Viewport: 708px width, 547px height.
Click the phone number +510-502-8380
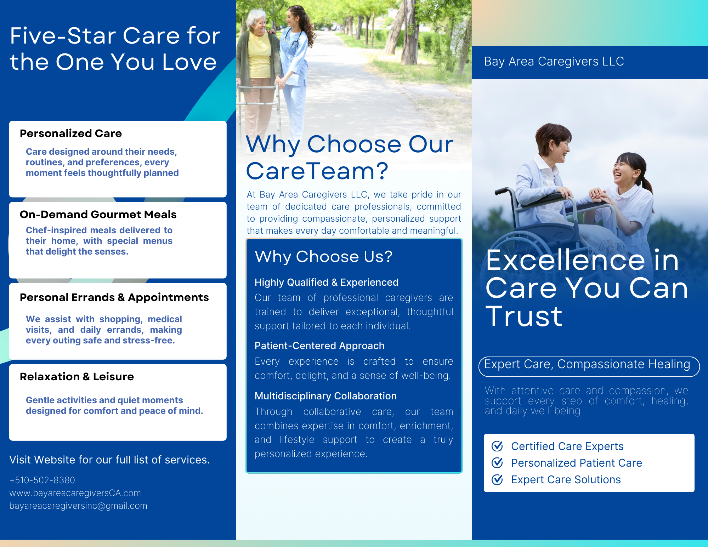pos(42,480)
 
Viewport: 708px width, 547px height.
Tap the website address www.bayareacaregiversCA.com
pos(75,493)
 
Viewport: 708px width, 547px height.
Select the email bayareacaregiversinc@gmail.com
pos(78,506)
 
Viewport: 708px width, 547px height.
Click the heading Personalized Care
pos(71,133)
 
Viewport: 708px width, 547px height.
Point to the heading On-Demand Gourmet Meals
pos(98,215)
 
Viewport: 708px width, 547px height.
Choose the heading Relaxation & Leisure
pos(77,377)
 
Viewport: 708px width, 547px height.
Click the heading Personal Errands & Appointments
pos(114,297)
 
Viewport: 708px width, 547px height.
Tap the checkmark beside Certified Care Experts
pos(497,446)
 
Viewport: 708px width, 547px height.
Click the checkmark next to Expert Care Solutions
pos(497,479)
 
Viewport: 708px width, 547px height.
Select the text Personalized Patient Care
pos(577,463)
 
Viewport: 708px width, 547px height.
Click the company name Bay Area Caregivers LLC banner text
pos(554,62)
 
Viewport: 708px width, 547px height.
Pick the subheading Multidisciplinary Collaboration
pos(325,396)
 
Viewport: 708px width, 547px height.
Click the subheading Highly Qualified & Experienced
pos(327,283)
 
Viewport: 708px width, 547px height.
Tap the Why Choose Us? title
pos(323,256)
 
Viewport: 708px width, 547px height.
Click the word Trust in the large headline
pos(524,316)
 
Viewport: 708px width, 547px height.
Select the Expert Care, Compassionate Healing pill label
pos(589,366)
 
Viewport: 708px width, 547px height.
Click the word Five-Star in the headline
pos(63,36)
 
